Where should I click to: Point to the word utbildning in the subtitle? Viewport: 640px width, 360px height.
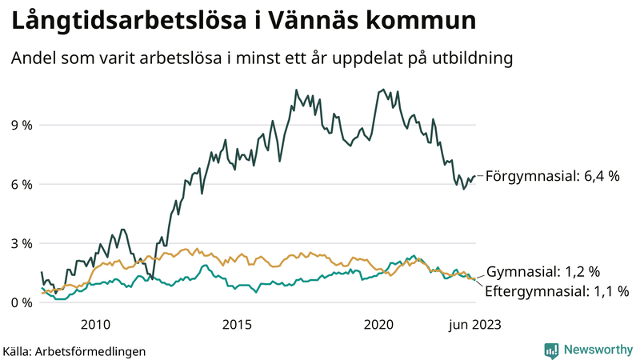point(468,58)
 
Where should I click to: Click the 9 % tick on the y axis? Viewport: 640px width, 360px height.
point(22,126)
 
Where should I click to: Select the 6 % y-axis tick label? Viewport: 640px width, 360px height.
point(22,185)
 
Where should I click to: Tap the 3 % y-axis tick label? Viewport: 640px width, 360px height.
point(22,244)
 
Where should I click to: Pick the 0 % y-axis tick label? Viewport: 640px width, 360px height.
point(22,303)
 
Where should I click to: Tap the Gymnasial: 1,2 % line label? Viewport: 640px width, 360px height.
point(543,272)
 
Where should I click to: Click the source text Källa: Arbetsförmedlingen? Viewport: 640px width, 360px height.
point(74,350)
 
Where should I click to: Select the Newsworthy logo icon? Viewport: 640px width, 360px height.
point(551,350)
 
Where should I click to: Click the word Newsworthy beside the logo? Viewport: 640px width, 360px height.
point(598,350)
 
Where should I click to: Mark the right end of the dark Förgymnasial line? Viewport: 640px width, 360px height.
point(475,176)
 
